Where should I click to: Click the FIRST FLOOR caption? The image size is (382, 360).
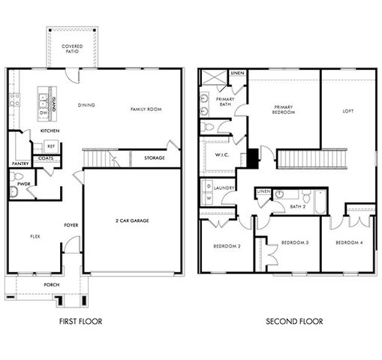tap(80, 322)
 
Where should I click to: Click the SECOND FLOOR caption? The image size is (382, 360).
tap(295, 322)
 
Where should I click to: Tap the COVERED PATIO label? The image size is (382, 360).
tap(72, 50)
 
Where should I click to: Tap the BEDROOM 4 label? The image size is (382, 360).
tap(349, 242)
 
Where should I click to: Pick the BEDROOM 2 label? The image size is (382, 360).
tap(226, 246)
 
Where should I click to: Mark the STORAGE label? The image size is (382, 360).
tap(154, 158)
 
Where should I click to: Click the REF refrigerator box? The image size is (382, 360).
tap(51, 146)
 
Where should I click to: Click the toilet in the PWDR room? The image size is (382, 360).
tap(14, 192)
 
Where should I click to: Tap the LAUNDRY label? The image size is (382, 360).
tap(224, 187)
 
